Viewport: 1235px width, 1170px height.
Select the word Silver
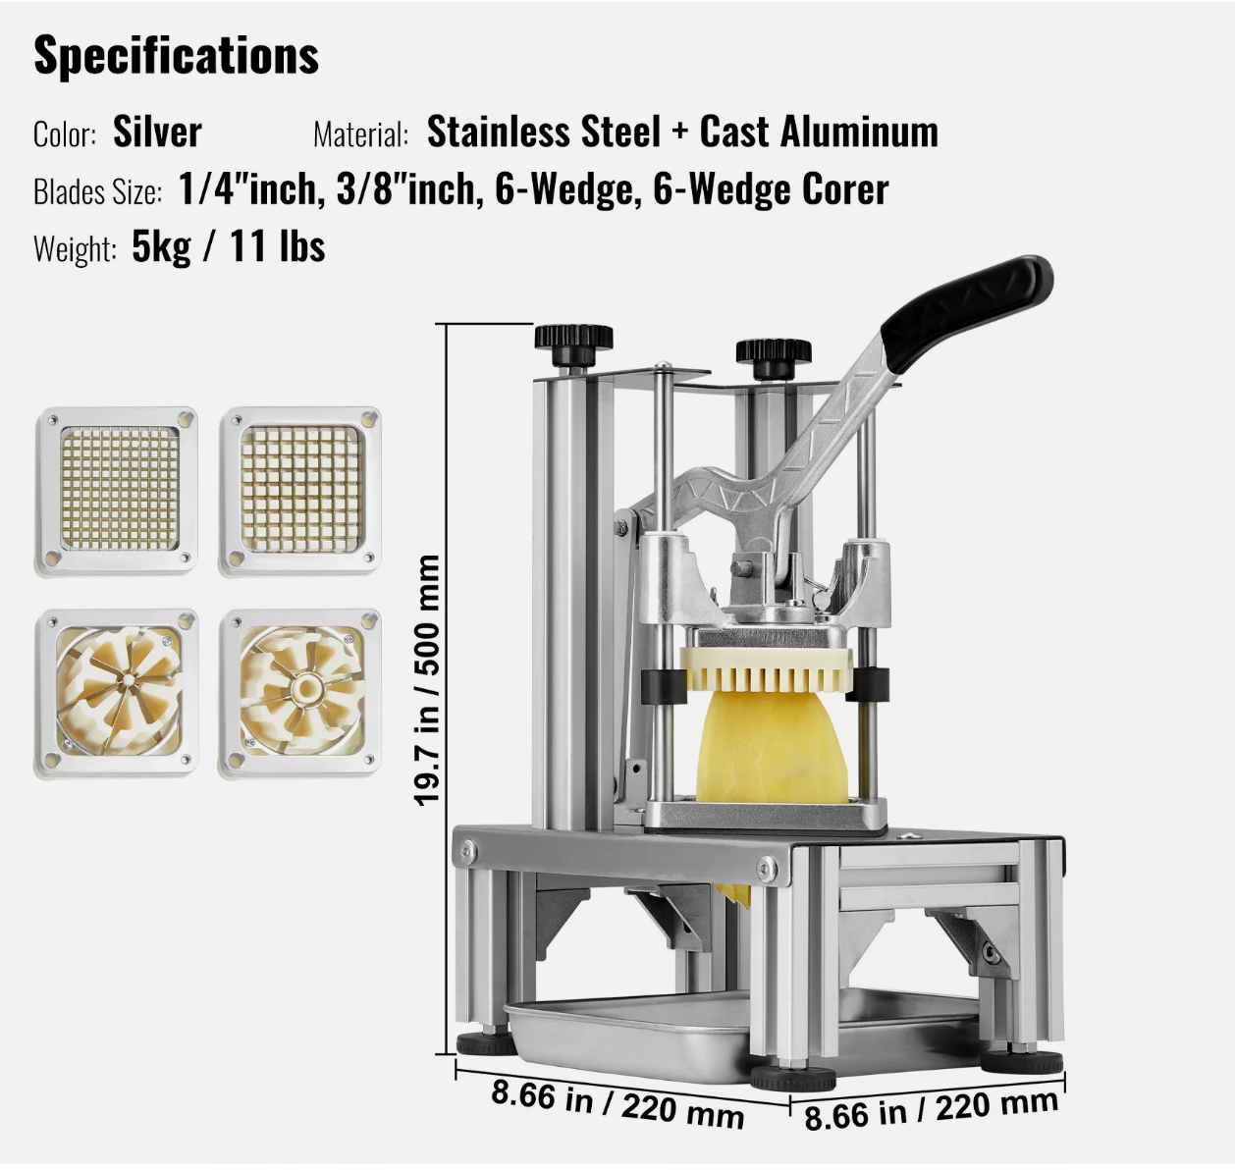coord(157,133)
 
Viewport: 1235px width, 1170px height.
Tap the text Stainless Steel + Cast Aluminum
coord(682,133)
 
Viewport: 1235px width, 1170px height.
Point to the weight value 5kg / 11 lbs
coord(229,246)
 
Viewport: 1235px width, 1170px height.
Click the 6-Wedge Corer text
coord(771,189)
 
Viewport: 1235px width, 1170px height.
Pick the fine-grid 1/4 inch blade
coord(116,491)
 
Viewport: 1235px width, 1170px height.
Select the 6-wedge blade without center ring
coord(116,693)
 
